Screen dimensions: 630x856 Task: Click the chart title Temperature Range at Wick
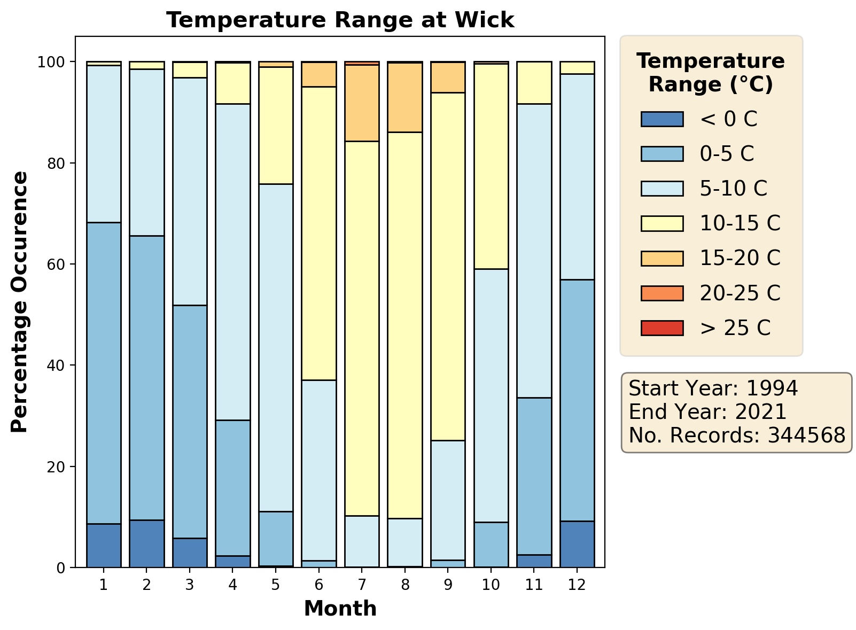click(340, 20)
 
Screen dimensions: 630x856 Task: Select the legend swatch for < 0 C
click(662, 119)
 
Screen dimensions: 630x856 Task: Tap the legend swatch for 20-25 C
click(662, 293)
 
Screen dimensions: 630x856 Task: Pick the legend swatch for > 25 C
click(662, 328)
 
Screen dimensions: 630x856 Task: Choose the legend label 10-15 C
click(740, 223)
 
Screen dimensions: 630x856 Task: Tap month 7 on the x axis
click(362, 585)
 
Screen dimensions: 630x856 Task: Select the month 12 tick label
click(577, 585)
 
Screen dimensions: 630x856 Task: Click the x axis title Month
click(340, 609)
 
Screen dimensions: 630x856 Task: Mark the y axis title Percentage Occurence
click(20, 302)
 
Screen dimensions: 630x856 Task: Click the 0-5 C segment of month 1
click(104, 373)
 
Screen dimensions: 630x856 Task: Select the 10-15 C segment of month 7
click(362, 329)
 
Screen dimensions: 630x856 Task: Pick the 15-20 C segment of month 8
click(405, 97)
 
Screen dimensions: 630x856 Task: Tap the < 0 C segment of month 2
click(146, 543)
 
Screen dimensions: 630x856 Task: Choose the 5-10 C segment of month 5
click(276, 347)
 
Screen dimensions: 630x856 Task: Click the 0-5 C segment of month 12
click(577, 400)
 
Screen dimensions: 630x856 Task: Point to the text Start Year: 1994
click(713, 388)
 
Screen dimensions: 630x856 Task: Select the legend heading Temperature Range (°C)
click(711, 73)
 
